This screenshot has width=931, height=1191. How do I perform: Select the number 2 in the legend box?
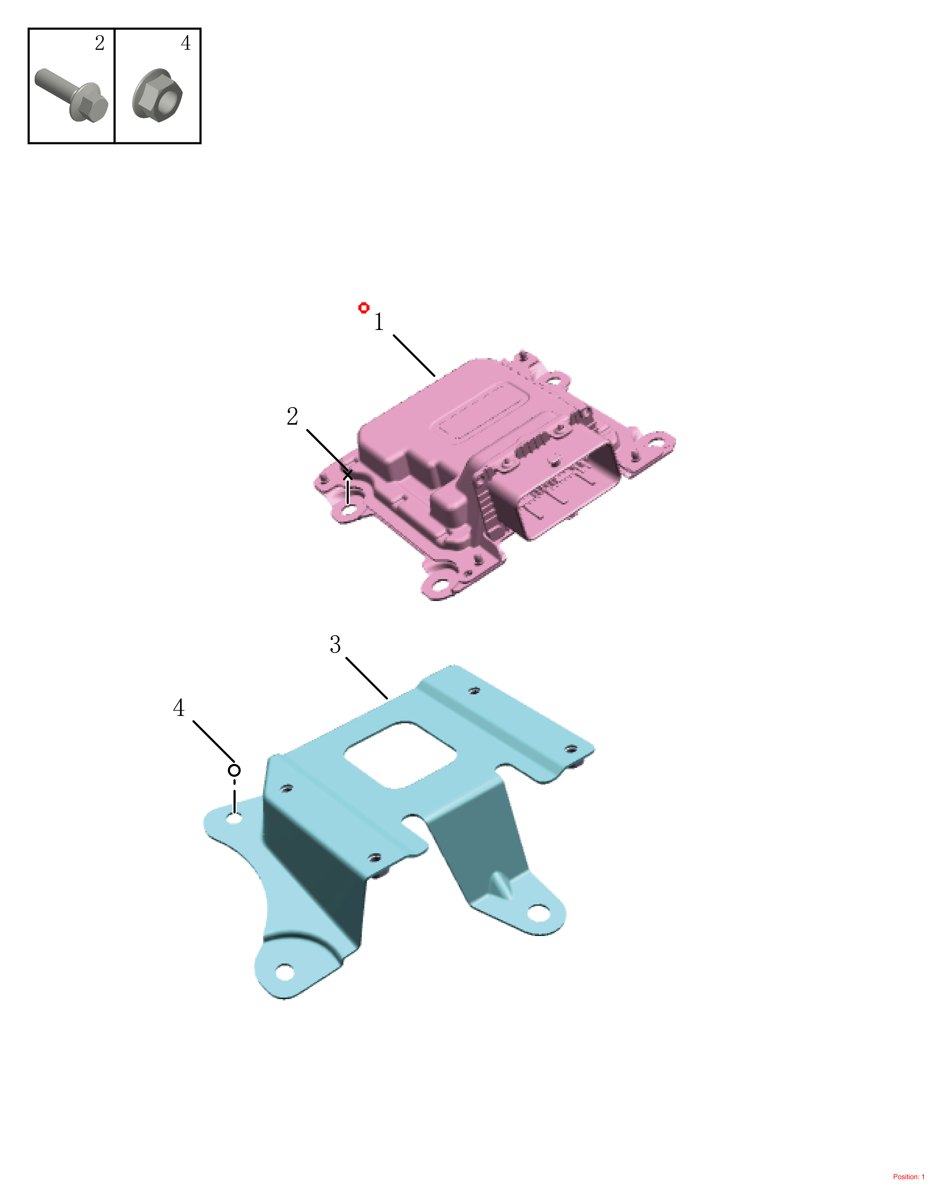[x=99, y=43]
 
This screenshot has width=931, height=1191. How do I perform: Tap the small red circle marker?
[x=364, y=308]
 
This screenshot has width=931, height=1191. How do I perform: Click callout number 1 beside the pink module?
[x=378, y=322]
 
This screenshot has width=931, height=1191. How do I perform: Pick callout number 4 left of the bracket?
[x=179, y=708]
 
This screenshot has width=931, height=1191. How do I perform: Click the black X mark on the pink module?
[x=347, y=475]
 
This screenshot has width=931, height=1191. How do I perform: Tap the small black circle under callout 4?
[x=234, y=771]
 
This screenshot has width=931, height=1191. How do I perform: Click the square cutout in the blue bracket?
[x=401, y=755]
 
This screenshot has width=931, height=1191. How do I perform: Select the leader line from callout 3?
[x=367, y=678]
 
